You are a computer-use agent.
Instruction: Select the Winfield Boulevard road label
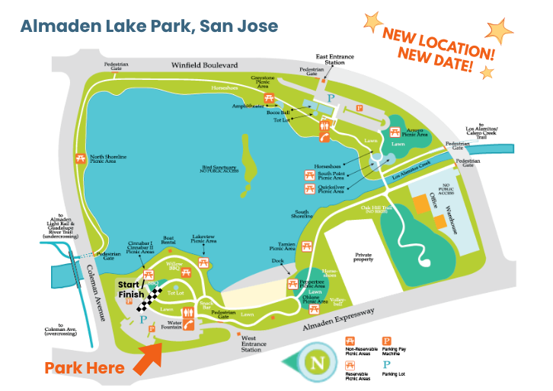point(204,65)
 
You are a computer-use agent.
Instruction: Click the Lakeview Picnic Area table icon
point(204,262)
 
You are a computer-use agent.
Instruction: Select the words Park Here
point(84,368)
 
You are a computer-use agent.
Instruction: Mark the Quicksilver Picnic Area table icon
point(309,188)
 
